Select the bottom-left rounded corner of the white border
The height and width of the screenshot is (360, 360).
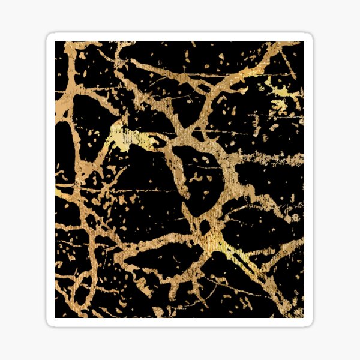(x=50, y=323)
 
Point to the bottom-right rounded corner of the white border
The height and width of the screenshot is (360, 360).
(x=310, y=323)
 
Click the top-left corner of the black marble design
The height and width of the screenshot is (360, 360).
(x=56, y=42)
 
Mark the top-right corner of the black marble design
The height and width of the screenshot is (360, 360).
(x=304, y=42)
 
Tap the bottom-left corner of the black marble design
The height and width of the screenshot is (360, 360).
(x=56, y=317)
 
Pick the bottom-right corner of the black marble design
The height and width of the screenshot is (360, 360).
(x=304, y=317)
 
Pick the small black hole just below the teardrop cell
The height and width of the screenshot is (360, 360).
(x=204, y=227)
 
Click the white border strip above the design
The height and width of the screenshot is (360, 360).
(x=180, y=37)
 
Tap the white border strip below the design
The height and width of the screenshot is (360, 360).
(x=180, y=322)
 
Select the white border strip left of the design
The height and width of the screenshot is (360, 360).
(x=50, y=180)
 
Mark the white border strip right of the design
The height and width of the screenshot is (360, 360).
(x=309, y=180)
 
